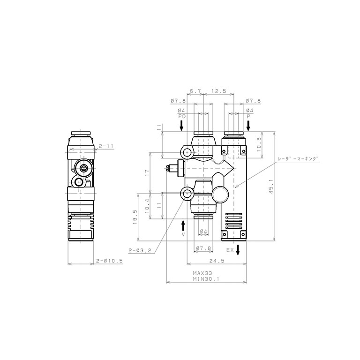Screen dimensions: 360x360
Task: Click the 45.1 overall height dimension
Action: (x=271, y=187)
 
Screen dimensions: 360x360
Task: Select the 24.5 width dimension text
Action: (x=217, y=261)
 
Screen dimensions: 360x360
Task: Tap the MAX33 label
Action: (x=202, y=273)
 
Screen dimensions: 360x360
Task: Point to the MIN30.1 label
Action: (x=206, y=279)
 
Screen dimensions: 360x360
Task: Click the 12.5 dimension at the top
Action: (x=219, y=91)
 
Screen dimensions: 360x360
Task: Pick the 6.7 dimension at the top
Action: (x=195, y=91)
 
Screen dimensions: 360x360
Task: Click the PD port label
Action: (x=182, y=116)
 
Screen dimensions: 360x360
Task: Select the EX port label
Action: (x=230, y=250)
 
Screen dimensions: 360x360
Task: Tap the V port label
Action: (x=183, y=234)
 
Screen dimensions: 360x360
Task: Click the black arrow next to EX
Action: (x=238, y=250)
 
